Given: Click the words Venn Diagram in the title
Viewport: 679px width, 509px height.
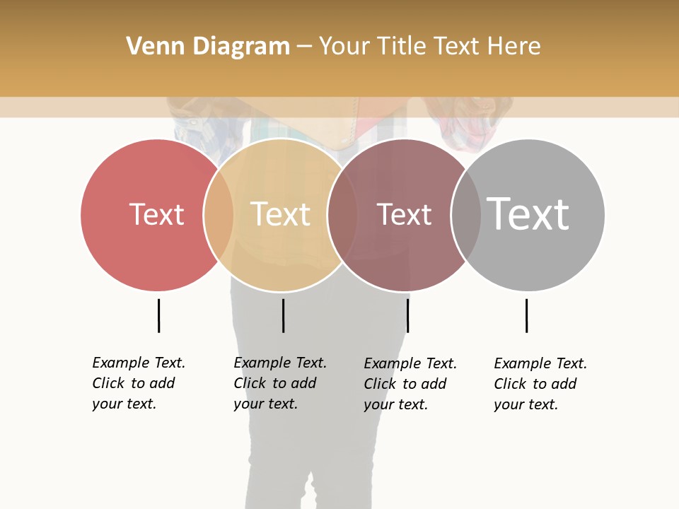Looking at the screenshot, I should (208, 47).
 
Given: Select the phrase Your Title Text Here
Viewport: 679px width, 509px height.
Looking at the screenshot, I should (429, 47).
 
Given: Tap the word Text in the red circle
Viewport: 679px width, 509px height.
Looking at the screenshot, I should (156, 214).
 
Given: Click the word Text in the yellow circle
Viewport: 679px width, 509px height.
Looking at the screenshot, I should (281, 214).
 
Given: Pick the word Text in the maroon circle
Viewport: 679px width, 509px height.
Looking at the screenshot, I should (404, 215).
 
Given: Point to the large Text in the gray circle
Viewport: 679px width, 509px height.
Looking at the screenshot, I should (528, 214).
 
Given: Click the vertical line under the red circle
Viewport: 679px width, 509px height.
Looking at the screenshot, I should (158, 315).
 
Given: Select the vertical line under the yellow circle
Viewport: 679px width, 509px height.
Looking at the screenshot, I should (283, 315).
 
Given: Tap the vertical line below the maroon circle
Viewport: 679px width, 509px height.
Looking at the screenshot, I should (407, 315).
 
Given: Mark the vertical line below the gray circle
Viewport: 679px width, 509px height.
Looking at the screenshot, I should (526, 315).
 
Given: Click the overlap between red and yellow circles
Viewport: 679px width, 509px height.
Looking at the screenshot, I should (219, 215).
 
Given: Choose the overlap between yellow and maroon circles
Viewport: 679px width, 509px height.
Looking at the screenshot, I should (342, 215).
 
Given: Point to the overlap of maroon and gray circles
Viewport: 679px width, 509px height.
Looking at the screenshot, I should (466, 215).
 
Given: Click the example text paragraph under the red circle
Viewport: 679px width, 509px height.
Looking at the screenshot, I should (139, 383).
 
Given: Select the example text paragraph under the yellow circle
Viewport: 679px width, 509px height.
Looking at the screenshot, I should (280, 383).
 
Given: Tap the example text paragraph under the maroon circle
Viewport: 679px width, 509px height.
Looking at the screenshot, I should (410, 384).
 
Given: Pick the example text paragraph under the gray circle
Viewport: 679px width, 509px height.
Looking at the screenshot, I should (540, 384).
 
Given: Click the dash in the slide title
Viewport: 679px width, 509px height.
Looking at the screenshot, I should (304, 47).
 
